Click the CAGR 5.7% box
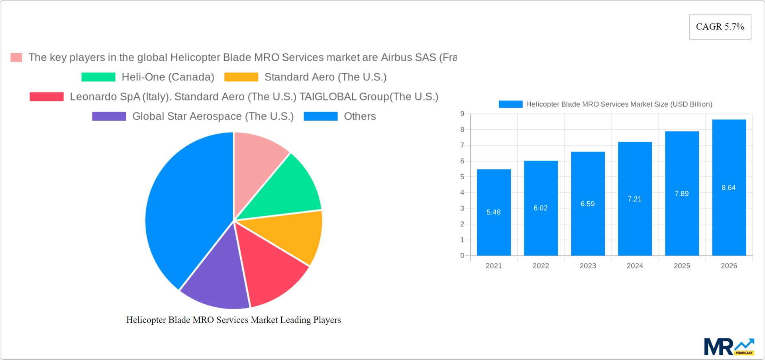(720, 27)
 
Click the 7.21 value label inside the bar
(635, 199)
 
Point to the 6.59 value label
(588, 204)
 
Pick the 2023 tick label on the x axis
(588, 266)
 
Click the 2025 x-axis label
(682, 266)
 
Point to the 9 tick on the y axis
(462, 114)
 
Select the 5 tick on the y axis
(462, 177)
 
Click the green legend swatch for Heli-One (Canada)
(98, 77)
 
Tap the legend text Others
(360, 116)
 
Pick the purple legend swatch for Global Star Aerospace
(109, 116)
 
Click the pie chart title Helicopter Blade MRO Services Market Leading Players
(233, 320)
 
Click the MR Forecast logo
(729, 347)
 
